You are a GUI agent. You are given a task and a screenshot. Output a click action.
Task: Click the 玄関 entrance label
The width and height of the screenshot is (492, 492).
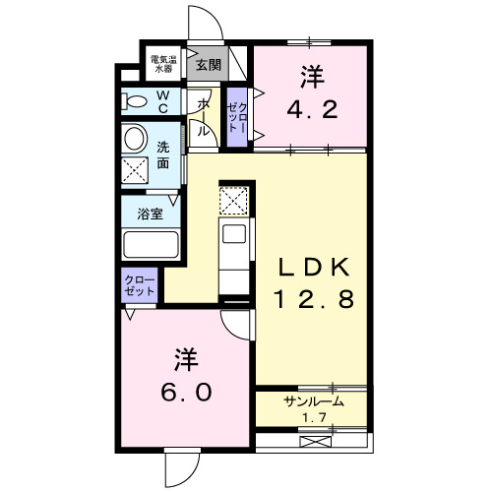click(208, 66)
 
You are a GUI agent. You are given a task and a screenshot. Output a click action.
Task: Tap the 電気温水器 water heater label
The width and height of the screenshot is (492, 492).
click(163, 65)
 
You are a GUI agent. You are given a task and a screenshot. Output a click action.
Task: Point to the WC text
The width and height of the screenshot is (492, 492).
click(162, 100)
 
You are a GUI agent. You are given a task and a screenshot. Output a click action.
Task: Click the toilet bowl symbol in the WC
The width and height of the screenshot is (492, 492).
click(133, 99)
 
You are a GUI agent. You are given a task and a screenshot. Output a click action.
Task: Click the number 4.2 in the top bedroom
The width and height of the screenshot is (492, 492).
click(312, 106)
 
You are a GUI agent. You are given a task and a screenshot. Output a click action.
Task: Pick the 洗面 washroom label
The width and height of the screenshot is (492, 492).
click(164, 155)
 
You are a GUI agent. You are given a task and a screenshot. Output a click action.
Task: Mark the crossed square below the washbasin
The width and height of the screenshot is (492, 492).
click(134, 168)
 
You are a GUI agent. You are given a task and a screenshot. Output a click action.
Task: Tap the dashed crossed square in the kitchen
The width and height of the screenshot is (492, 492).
click(234, 201)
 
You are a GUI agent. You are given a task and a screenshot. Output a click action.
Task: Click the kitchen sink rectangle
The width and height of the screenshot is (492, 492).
click(235, 233)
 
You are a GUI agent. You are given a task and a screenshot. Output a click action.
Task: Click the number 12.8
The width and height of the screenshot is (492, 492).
click(312, 302)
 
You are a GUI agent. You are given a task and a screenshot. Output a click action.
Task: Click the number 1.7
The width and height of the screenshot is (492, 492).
click(313, 417)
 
